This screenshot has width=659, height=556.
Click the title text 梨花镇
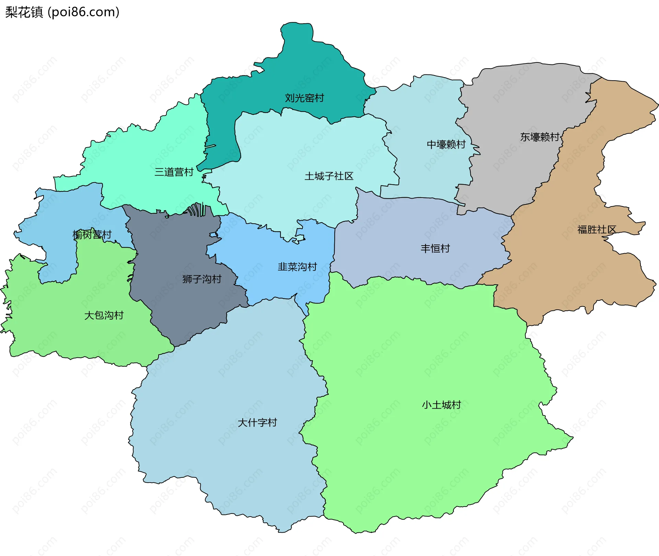point(24,12)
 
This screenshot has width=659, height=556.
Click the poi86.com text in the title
point(83,12)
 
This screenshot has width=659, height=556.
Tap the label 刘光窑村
point(304,98)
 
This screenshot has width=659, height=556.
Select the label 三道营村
point(174,172)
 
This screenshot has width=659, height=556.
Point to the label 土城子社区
point(329,176)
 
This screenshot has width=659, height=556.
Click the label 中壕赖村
point(446,144)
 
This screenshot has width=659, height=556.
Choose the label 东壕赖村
point(540,137)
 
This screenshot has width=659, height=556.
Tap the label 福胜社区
point(597,229)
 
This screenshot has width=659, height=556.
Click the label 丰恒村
point(435,248)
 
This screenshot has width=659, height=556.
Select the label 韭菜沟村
point(297,267)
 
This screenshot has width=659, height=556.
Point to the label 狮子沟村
point(202,279)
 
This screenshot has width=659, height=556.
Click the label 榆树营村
point(92,235)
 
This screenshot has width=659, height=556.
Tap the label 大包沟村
point(104,315)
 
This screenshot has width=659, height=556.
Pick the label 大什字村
point(257,423)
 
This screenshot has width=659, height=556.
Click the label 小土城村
point(441,405)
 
